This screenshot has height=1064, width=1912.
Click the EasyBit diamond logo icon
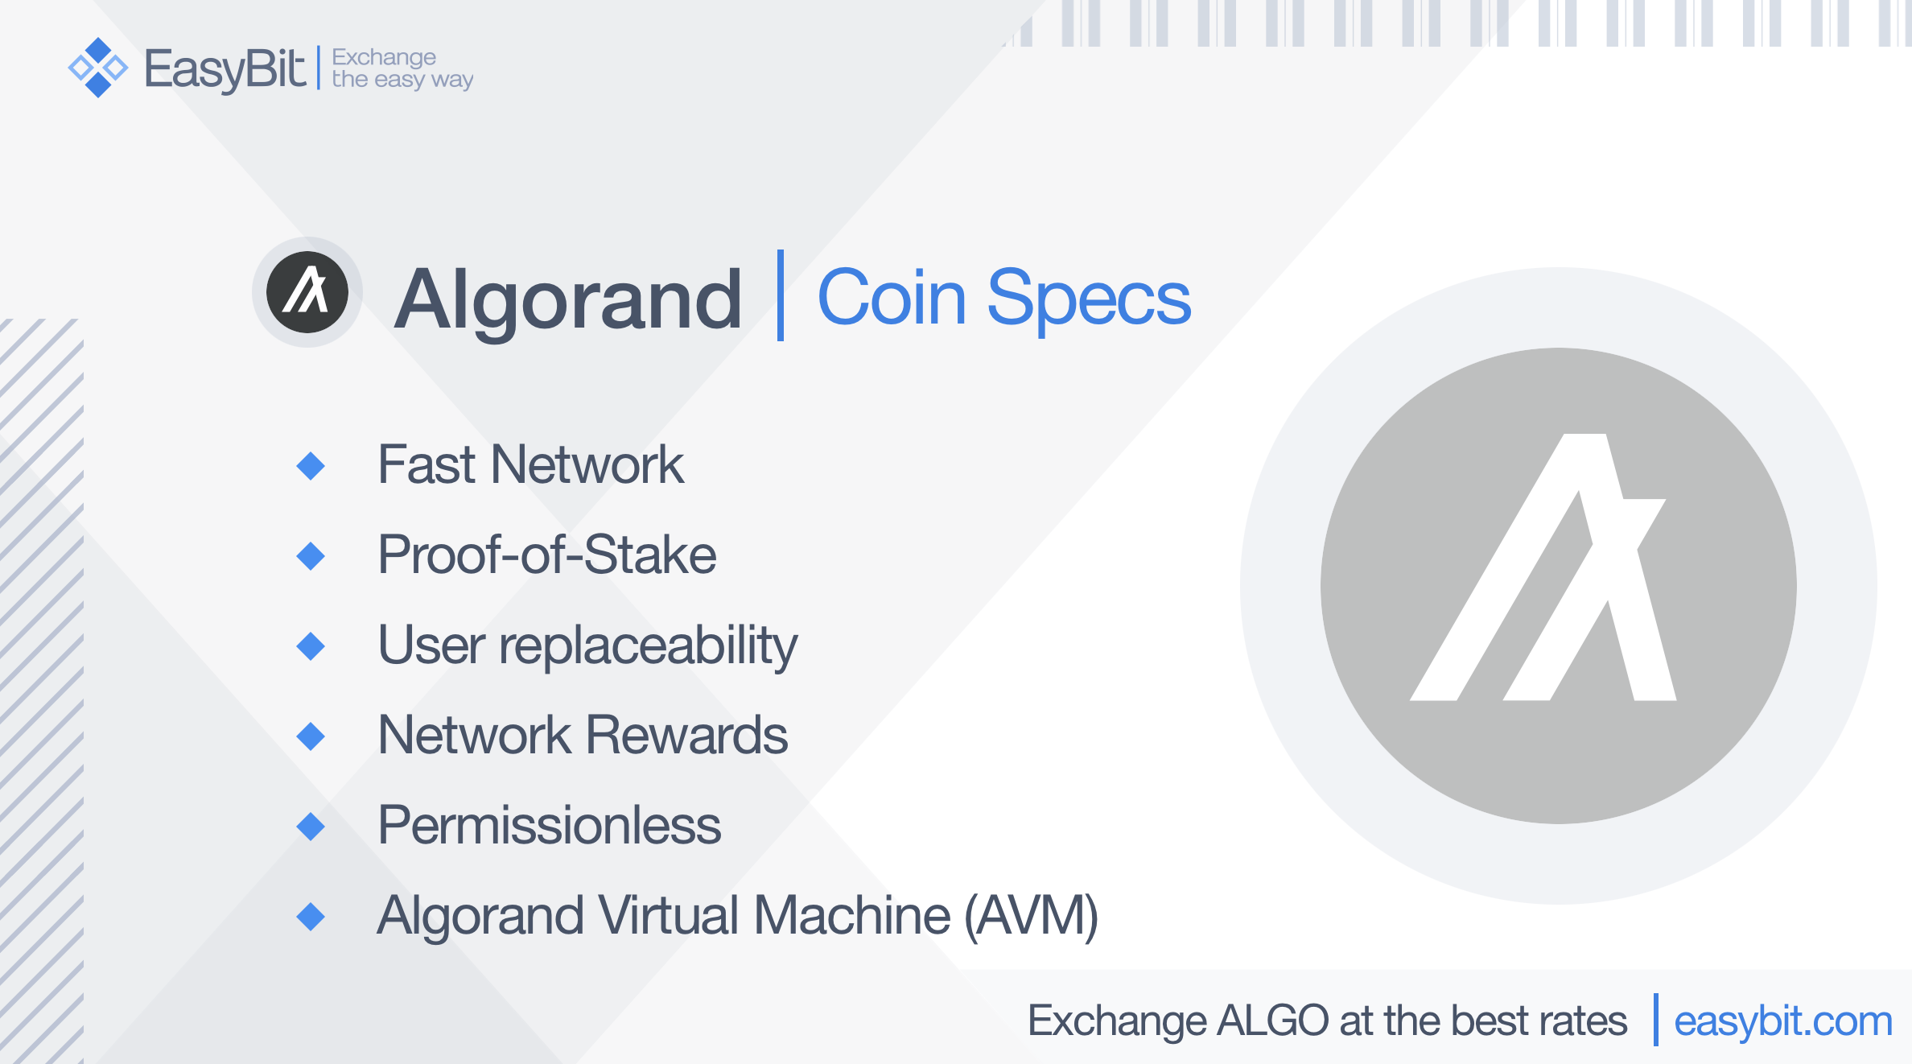click(98, 68)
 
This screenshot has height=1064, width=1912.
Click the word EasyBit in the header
click(225, 69)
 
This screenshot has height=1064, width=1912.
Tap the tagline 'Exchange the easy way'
click(402, 68)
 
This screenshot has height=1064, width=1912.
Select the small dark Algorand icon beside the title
click(307, 292)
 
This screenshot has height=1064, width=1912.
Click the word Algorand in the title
click(568, 300)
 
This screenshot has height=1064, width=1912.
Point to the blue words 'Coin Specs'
click(1003, 299)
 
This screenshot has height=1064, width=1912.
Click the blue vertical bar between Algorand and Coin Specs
click(780, 295)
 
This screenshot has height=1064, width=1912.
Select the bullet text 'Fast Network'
click(531, 464)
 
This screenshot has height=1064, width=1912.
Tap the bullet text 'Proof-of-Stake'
click(547, 555)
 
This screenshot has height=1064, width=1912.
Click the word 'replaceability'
click(648, 646)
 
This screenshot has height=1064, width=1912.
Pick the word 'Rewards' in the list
click(686, 735)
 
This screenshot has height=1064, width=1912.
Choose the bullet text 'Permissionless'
click(550, 825)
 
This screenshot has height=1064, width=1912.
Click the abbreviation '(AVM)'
click(1031, 917)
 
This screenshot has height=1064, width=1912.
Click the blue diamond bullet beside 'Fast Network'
click(311, 466)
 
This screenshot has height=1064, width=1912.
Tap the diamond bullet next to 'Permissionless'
click(311, 827)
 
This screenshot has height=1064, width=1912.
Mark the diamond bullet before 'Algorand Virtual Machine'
click(311, 917)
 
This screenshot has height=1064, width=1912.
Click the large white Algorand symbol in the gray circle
click(1543, 567)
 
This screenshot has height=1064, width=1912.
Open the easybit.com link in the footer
click(1783, 1021)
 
